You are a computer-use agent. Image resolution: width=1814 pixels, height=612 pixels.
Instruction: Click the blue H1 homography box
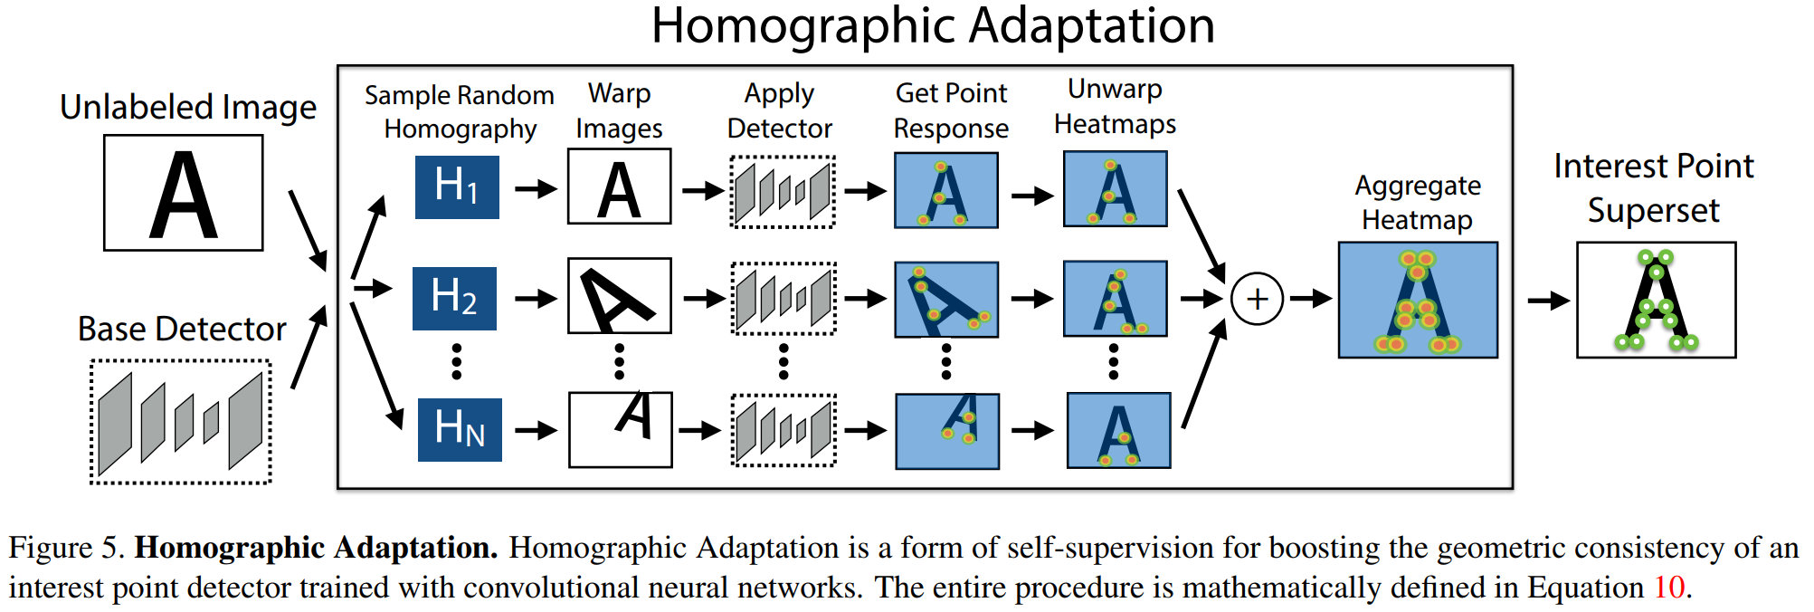(457, 187)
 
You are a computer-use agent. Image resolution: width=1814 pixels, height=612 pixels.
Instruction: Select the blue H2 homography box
(454, 298)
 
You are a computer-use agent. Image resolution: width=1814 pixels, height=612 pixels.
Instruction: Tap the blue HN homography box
(460, 429)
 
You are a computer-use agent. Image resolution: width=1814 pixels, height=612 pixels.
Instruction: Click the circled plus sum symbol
(1257, 299)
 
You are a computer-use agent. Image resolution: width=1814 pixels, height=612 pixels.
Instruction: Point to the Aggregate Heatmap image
(1418, 300)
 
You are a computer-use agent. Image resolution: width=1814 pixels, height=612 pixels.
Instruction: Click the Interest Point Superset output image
(1656, 300)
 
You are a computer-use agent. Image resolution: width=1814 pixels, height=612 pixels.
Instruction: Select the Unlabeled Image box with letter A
(184, 193)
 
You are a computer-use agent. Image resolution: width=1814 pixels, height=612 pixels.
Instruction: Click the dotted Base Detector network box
(181, 422)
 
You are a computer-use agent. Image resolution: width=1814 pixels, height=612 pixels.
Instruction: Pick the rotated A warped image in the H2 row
(620, 296)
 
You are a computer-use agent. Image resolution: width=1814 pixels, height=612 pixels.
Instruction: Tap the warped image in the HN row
(621, 429)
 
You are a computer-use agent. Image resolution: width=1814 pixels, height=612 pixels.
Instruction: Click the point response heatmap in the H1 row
(945, 190)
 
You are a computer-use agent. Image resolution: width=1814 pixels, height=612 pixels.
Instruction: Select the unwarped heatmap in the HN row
(1118, 430)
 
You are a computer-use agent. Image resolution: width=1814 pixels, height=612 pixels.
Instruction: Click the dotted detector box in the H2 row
(784, 298)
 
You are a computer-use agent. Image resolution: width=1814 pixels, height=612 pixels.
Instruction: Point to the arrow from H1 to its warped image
(535, 189)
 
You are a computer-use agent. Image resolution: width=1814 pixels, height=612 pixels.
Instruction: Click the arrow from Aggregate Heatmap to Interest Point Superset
(1547, 301)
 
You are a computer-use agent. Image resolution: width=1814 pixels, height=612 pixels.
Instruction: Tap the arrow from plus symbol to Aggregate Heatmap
(1310, 298)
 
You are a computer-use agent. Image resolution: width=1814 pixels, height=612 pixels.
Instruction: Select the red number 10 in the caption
(1669, 587)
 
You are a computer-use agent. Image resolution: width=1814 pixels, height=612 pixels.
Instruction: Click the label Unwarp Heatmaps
(1115, 106)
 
